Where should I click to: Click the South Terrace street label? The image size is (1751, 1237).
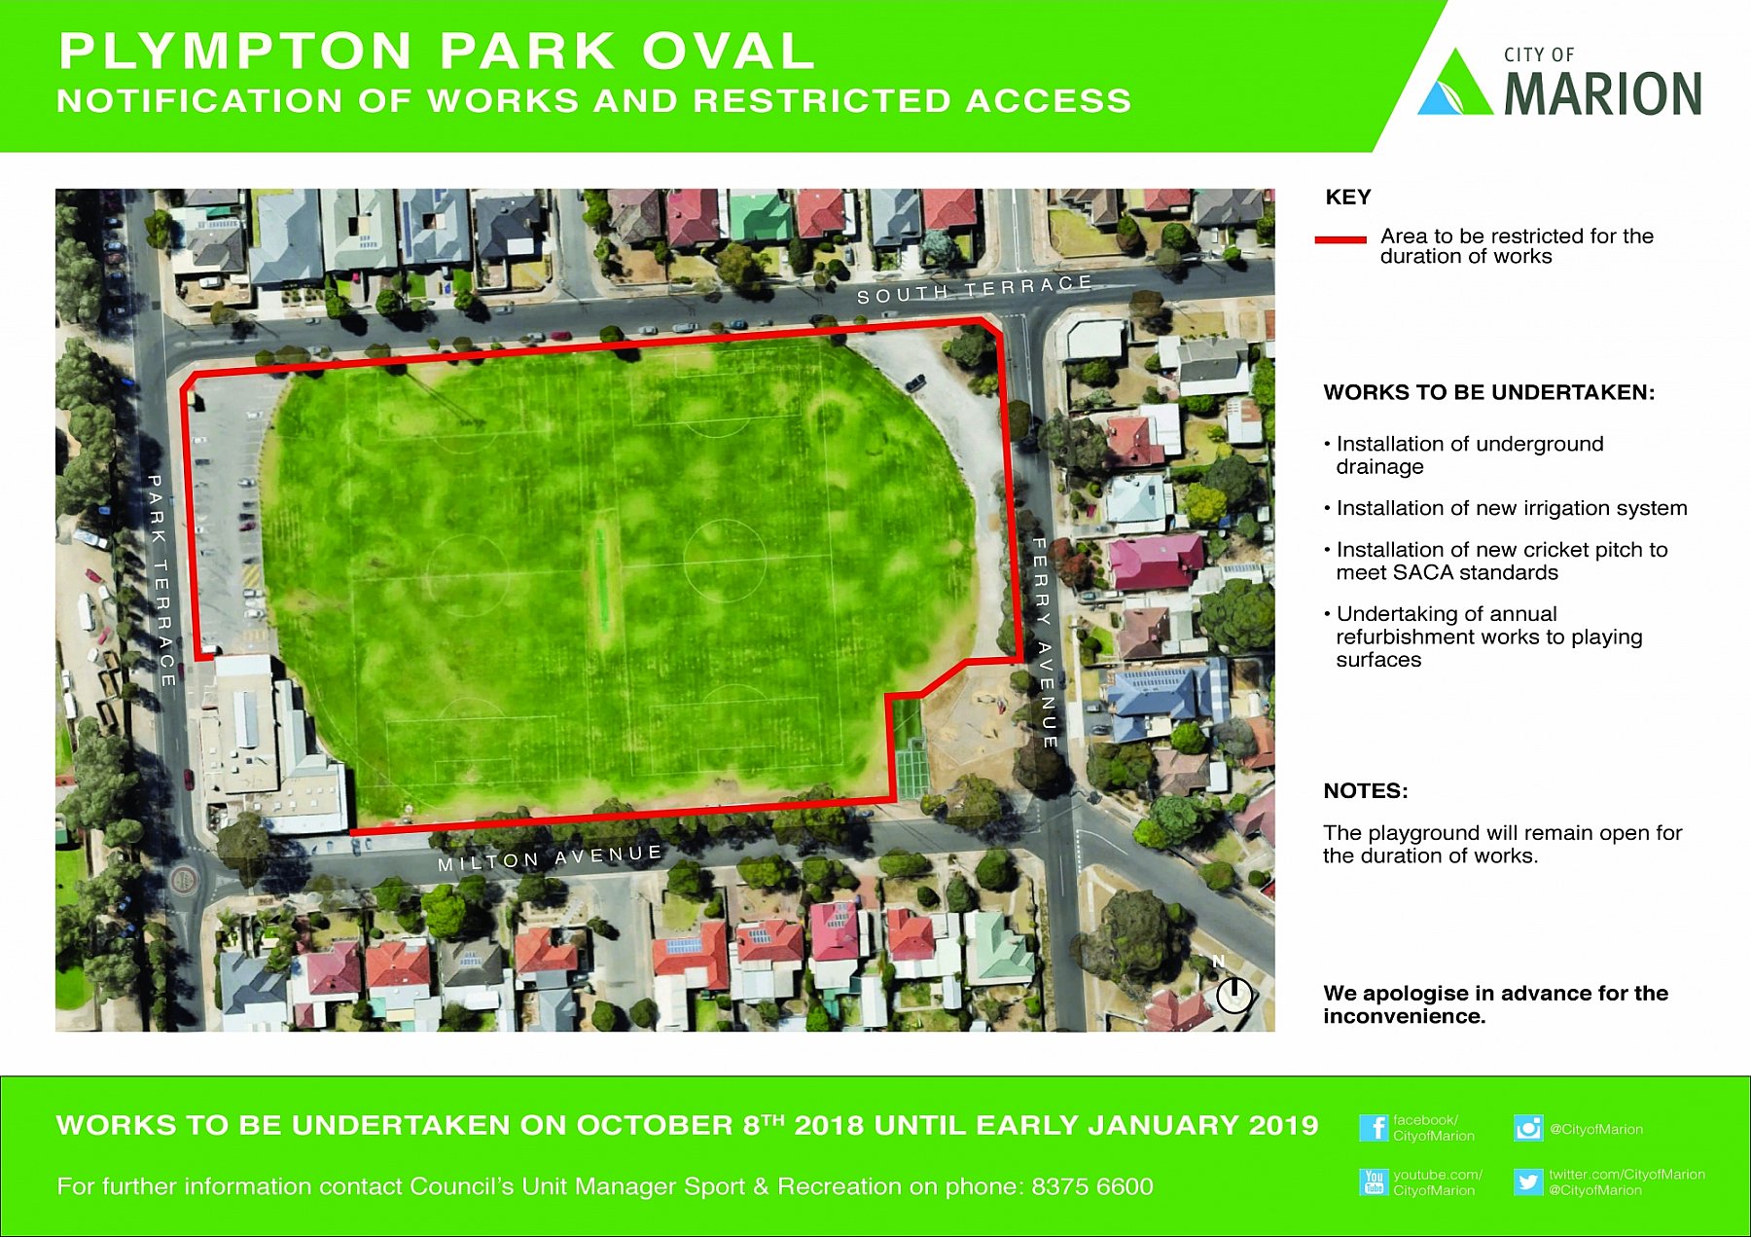point(974,288)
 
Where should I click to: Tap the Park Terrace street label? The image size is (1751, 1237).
point(161,580)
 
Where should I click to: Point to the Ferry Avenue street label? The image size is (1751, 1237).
point(1043,642)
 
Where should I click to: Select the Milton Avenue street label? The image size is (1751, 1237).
point(551,857)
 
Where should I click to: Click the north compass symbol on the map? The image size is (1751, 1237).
point(1233,994)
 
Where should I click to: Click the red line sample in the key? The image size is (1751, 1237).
point(1340,239)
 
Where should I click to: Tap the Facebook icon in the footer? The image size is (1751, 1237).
point(1374,1128)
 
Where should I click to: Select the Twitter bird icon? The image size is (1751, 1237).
point(1528,1182)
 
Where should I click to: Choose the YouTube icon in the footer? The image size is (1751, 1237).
point(1374,1182)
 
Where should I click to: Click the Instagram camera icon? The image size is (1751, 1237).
point(1528,1128)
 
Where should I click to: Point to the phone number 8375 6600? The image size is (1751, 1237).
point(1092,1186)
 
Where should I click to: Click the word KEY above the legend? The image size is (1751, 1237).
point(1348,198)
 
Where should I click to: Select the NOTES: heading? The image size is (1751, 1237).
point(1366,790)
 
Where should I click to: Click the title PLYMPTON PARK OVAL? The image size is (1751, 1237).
point(437,51)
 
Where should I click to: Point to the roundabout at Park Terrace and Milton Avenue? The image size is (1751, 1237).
point(183,881)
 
